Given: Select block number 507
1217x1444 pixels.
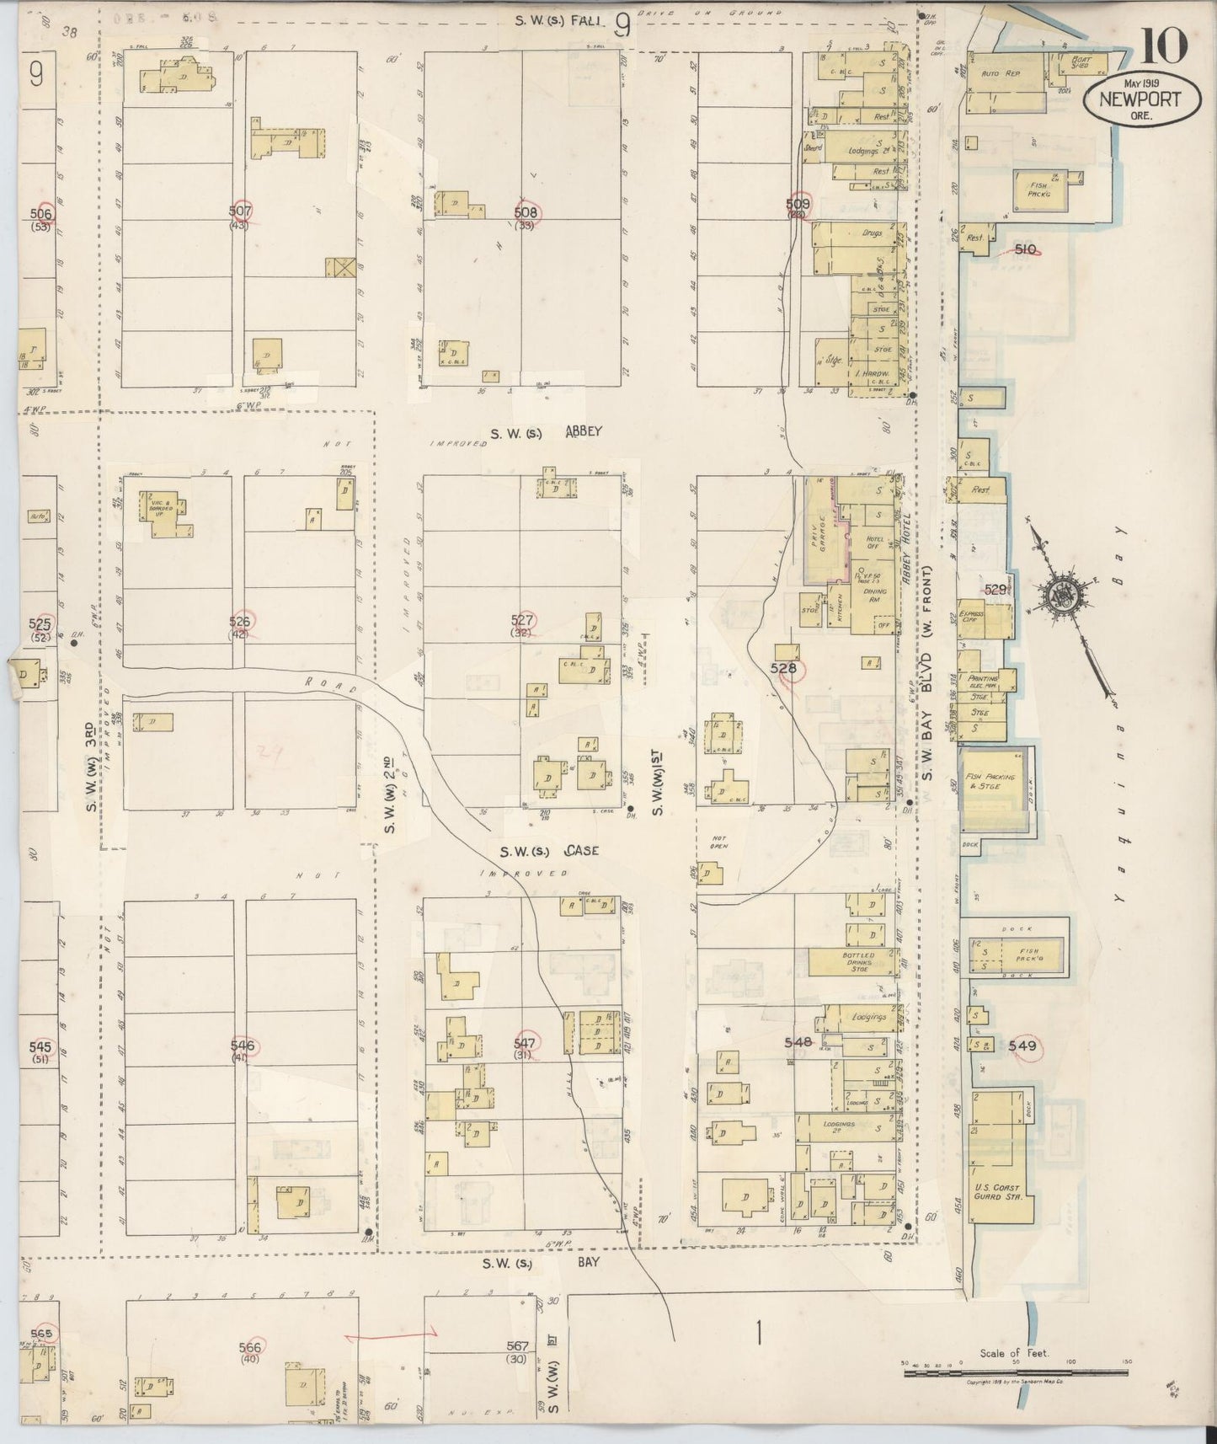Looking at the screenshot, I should click(241, 211).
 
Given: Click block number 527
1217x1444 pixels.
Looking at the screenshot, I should click(522, 621).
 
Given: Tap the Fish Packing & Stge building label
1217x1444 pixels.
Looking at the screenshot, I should click(991, 781).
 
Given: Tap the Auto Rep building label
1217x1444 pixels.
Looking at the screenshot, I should click(1001, 74).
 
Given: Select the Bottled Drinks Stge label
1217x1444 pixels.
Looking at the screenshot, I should click(859, 961).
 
